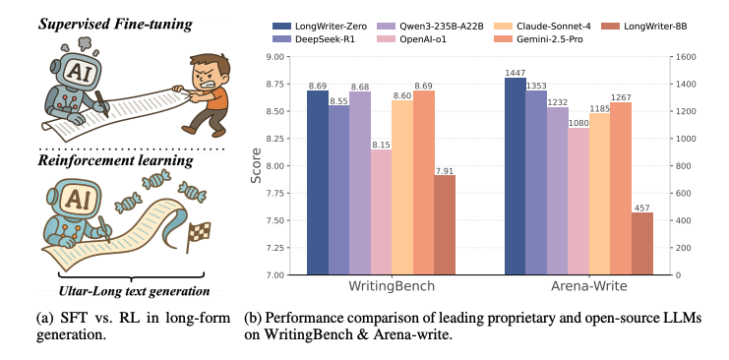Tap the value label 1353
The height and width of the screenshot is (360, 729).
pos(537,86)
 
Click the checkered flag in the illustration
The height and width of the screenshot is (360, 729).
pos(200,232)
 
